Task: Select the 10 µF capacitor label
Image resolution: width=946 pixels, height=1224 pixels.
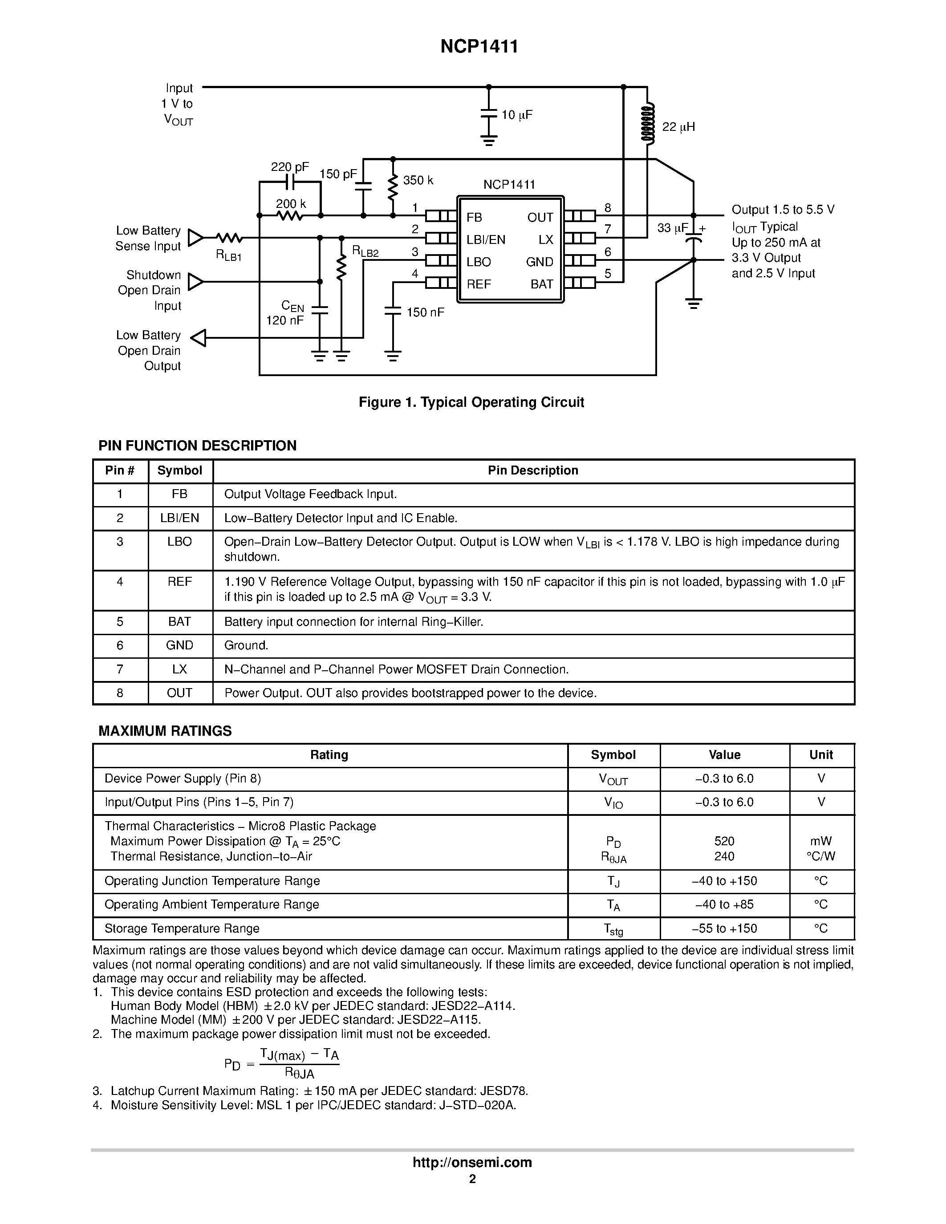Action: (516, 115)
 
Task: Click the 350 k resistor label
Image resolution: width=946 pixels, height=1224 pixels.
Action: (418, 180)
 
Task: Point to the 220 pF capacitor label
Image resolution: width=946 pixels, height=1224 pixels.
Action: (289, 167)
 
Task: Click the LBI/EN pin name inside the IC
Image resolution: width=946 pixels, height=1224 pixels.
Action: (485, 240)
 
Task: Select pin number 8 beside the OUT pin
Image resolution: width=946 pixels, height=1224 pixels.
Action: (608, 208)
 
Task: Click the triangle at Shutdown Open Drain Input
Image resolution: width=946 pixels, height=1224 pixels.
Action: (195, 282)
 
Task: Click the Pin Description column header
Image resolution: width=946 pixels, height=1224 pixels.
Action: (532, 470)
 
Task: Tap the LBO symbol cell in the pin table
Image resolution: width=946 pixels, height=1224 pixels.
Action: (179, 541)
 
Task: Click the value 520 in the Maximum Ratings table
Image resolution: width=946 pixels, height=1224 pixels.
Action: (723, 841)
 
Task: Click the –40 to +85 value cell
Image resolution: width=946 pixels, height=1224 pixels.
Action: (723, 904)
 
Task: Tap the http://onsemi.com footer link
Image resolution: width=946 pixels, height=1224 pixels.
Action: (472, 1162)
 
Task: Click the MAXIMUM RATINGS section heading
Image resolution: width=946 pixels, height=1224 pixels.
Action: (165, 731)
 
